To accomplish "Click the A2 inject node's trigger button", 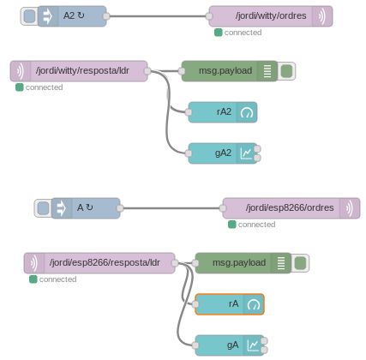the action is pyautogui.click(x=29, y=16).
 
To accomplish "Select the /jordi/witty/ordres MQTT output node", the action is pyautogui.click(x=271, y=16).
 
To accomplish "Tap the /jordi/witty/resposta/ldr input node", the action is pyautogui.click(x=79, y=71).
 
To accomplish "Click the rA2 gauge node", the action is pyautogui.click(x=223, y=112).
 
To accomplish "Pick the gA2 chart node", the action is pyautogui.click(x=223, y=153).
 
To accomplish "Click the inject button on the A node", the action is pyautogui.click(x=43, y=208).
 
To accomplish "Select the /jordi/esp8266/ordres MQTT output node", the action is pyautogui.click(x=291, y=208).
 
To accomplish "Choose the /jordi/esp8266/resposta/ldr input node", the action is pyautogui.click(x=99, y=263).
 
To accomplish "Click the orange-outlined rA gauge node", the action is pyautogui.click(x=230, y=304).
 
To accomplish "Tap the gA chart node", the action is pyautogui.click(x=230, y=345).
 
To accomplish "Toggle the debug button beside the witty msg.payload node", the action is pyautogui.click(x=286, y=71).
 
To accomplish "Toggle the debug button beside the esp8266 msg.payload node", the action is pyautogui.click(x=300, y=263).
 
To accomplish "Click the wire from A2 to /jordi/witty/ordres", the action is pyautogui.click(x=158, y=16).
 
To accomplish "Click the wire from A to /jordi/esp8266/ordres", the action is pyautogui.click(x=171, y=208).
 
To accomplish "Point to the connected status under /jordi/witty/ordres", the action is pyautogui.click(x=238, y=33).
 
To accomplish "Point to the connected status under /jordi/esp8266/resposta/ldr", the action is pyautogui.click(x=53, y=279).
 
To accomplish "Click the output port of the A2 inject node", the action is pyautogui.click(x=106, y=16).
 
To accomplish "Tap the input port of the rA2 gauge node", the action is pyautogui.click(x=189, y=112).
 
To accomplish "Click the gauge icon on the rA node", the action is pyautogui.click(x=254, y=304).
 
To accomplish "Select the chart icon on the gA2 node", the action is pyautogui.click(x=246, y=153).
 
